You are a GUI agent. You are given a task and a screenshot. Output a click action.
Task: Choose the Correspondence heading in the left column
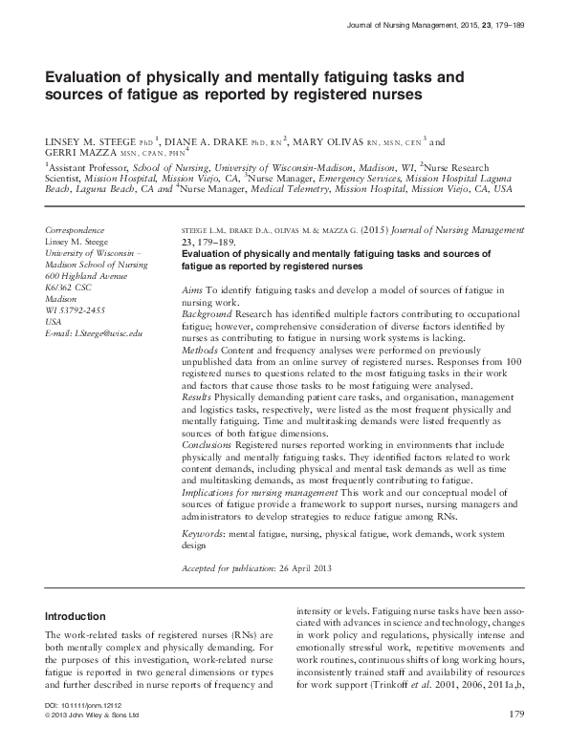pyautogui.click(x=76, y=231)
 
